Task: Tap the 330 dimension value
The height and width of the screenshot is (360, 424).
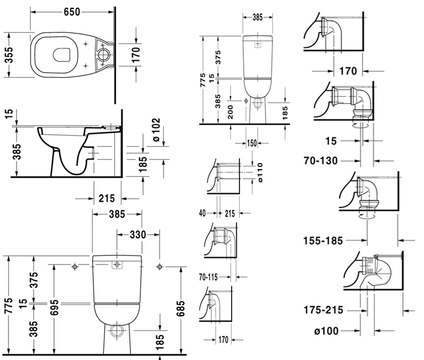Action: (x=130, y=234)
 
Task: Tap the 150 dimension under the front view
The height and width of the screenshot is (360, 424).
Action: (x=251, y=143)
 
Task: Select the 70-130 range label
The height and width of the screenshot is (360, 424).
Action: (x=321, y=159)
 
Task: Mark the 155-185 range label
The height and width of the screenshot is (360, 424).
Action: (x=323, y=240)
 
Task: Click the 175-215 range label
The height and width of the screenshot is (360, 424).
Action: (x=323, y=310)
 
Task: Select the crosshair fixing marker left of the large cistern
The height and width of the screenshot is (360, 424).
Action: (x=75, y=266)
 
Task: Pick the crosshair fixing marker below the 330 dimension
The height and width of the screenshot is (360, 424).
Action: (x=160, y=266)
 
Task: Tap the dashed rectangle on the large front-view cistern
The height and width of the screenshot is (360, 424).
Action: (x=117, y=265)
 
